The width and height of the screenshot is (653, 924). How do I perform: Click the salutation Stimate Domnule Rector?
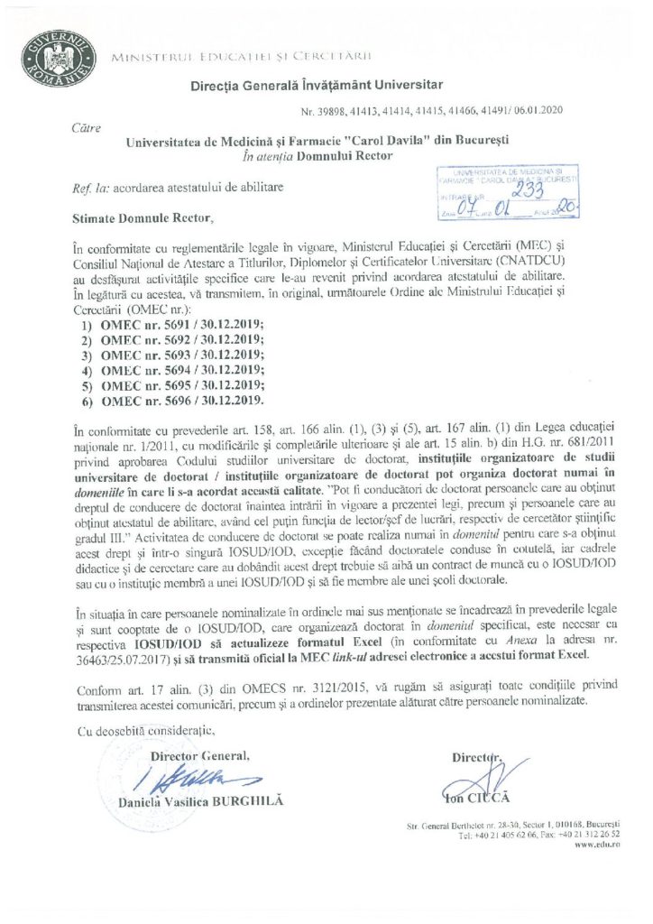click(144, 217)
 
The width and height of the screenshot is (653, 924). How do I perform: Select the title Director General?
click(199, 754)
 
